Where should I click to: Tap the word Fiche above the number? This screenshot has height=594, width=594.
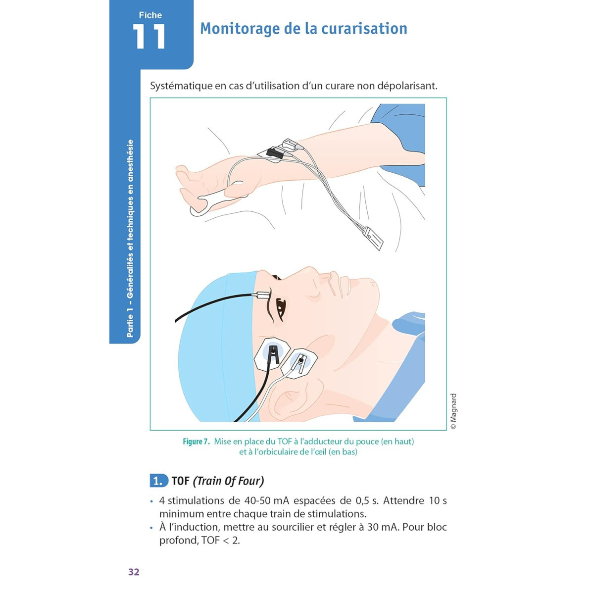click(x=150, y=15)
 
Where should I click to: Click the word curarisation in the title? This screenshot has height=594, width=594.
click(x=364, y=28)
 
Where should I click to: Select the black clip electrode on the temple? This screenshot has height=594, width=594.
click(x=273, y=354)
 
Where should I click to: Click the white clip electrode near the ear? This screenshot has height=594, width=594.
click(x=299, y=363)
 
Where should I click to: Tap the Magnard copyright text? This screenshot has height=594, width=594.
click(x=453, y=411)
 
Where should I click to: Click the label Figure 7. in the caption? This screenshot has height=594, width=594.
click(x=196, y=442)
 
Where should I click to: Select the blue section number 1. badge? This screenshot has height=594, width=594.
click(x=159, y=481)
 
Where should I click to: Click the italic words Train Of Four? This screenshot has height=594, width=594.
click(x=228, y=481)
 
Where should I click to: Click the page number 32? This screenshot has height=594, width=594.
click(x=134, y=572)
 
